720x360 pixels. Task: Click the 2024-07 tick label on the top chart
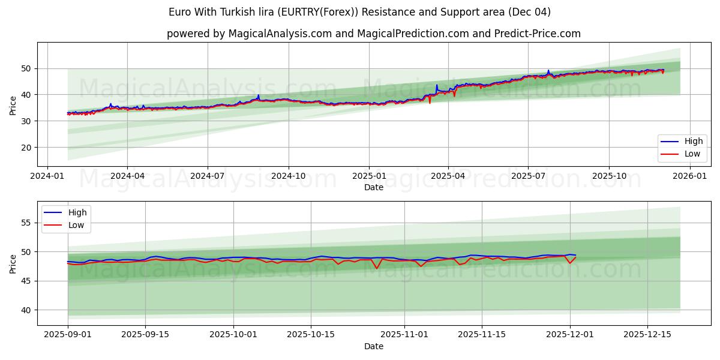(x=208, y=176)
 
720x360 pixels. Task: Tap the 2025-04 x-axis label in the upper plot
(x=448, y=176)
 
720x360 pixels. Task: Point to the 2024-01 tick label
(x=47, y=176)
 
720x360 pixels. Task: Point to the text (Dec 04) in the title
(x=529, y=12)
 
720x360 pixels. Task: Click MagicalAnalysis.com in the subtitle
(x=280, y=34)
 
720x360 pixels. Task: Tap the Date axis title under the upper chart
(x=373, y=188)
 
